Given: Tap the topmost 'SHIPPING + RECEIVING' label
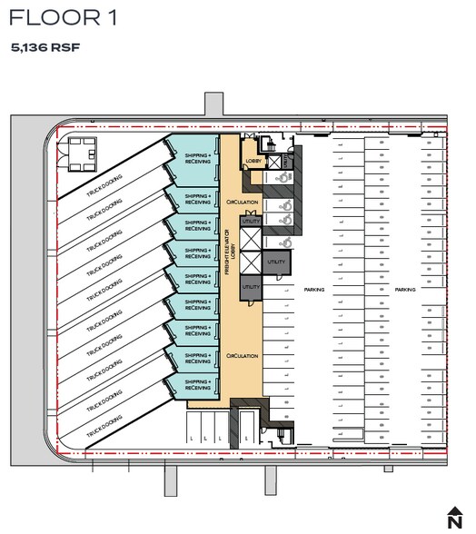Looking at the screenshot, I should [197, 160].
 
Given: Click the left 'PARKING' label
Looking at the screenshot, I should [314, 290].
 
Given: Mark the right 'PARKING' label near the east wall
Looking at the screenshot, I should [406, 290].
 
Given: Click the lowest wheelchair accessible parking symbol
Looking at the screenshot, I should [286, 243].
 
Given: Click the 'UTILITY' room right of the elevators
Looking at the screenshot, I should [278, 262].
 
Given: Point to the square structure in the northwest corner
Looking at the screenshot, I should [76, 153].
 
